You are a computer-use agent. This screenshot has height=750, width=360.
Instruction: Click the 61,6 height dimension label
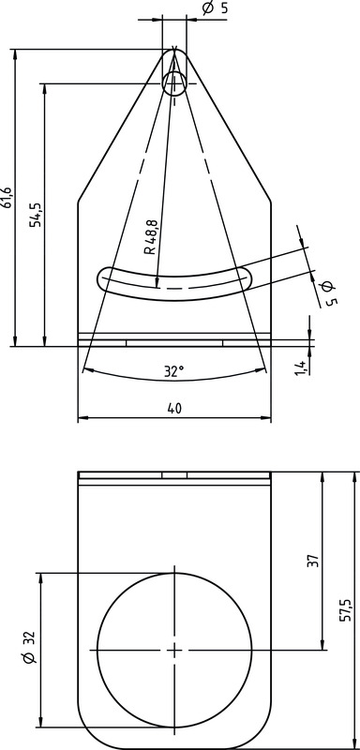point(7,198)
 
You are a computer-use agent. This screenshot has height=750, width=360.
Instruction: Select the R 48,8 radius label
point(150,237)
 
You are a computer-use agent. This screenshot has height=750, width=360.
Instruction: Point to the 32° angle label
point(174,371)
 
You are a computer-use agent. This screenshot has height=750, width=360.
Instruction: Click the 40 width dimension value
point(174,408)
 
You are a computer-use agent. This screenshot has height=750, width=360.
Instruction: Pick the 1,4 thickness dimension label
point(300,367)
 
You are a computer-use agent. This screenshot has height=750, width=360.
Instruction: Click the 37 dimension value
point(313,561)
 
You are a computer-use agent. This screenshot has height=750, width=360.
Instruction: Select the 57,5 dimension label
point(347,608)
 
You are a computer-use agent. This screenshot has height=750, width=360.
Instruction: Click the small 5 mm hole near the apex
point(174,83)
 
